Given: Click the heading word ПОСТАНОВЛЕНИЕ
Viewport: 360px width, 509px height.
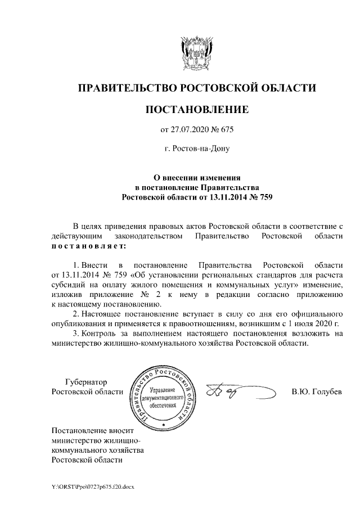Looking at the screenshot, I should [196, 109].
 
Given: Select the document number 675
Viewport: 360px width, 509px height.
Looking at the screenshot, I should [225, 131].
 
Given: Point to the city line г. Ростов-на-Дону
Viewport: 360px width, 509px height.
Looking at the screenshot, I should [196, 149].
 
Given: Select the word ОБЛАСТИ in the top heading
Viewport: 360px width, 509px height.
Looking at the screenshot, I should [288, 88].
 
